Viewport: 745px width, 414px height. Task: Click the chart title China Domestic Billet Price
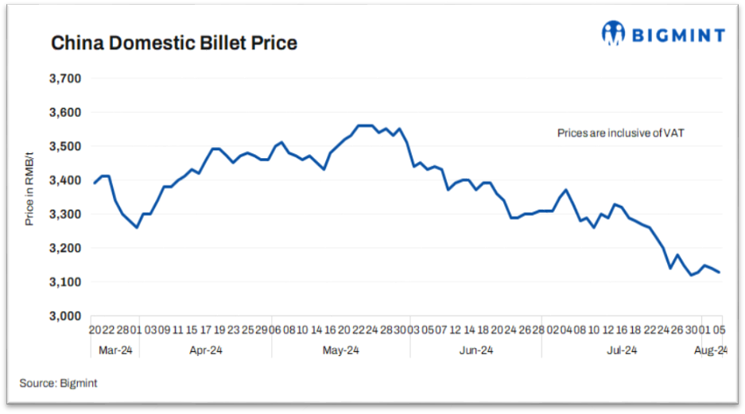[x=174, y=43]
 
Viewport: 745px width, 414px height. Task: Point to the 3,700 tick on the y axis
[x=66, y=79]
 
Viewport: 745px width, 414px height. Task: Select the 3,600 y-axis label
[x=66, y=113]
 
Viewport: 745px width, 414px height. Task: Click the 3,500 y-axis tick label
[x=66, y=147]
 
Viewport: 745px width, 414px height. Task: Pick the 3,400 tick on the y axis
[x=66, y=180]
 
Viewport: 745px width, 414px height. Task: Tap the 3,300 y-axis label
[x=66, y=215]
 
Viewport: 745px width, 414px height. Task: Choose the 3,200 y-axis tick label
[x=66, y=249]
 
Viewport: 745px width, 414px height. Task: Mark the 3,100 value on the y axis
[x=66, y=282]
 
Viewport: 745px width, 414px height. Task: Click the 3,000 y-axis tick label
[x=66, y=316]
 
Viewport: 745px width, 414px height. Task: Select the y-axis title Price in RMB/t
[x=29, y=197]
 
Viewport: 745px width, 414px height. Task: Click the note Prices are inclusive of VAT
[x=621, y=134]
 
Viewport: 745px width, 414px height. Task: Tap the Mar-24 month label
[x=114, y=350]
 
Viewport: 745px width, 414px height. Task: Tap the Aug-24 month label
[x=711, y=350]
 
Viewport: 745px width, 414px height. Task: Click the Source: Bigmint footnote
[x=59, y=384]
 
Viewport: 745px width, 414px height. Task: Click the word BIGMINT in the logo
[x=678, y=34]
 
